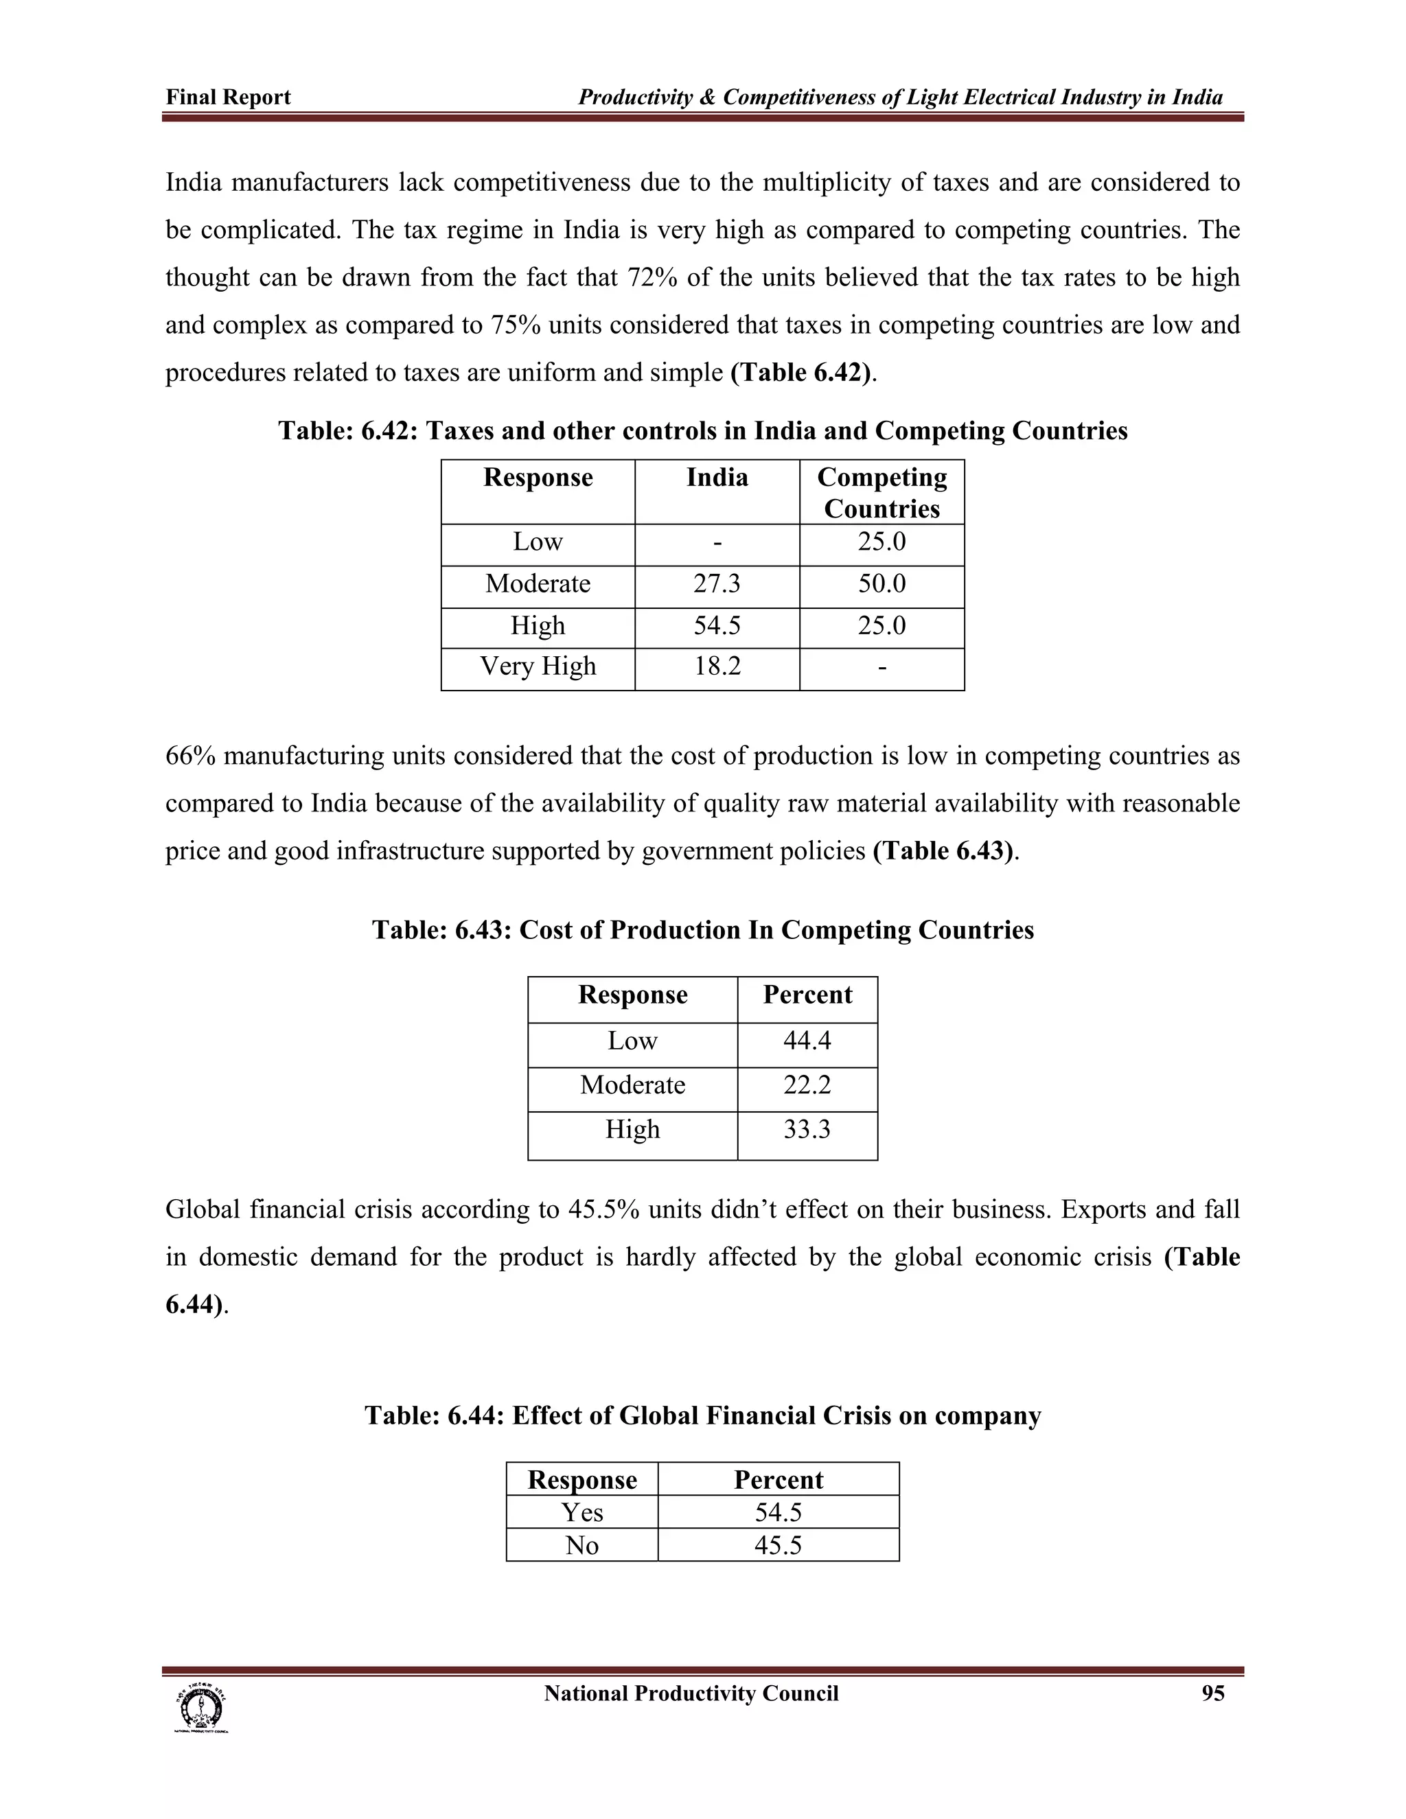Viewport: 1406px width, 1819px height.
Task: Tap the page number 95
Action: [1213, 1693]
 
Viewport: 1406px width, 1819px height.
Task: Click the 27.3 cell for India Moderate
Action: [716, 584]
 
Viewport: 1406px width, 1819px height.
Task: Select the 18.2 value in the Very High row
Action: [716, 667]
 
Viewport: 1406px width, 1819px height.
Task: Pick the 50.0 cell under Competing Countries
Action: [881, 584]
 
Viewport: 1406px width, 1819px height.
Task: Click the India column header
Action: [716, 477]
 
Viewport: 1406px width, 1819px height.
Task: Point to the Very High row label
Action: [538, 667]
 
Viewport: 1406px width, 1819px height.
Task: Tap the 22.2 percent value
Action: [806, 1085]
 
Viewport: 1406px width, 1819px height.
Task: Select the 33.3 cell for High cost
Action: [806, 1129]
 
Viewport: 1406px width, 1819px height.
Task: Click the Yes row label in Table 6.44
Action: [581, 1511]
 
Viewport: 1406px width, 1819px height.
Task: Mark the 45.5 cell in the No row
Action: [778, 1545]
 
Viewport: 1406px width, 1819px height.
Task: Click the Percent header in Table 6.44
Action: [778, 1479]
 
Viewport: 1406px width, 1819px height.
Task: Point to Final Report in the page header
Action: [228, 97]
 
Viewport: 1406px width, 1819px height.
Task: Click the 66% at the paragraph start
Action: [191, 756]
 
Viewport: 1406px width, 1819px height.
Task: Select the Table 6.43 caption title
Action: [702, 929]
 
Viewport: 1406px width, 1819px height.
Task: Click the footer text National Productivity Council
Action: [691, 1693]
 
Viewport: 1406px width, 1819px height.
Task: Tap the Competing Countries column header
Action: [881, 492]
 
